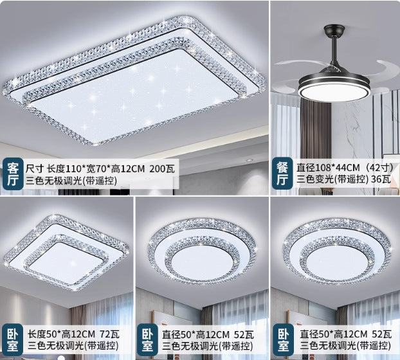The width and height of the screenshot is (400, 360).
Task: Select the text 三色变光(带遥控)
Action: click(x=325, y=179)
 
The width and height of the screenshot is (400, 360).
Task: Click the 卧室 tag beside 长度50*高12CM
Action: click(x=12, y=340)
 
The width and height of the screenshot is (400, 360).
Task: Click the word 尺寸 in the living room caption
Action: click(x=36, y=168)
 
